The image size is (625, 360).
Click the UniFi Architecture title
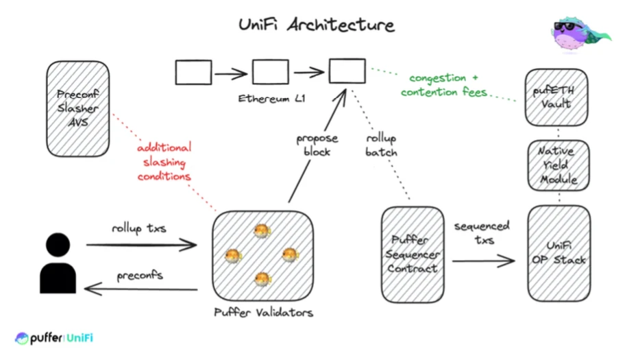pos(316,25)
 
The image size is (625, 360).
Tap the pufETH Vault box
pos(557,97)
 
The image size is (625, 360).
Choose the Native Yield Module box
pos(557,165)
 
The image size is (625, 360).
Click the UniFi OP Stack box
pos(559,253)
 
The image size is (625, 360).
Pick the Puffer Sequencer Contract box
pos(413,253)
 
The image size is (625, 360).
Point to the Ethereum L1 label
pos(271,99)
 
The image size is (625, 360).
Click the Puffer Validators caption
pos(263,313)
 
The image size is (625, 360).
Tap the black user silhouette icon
pos(58,263)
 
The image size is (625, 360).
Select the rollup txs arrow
pos(140,243)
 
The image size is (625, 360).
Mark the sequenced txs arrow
pos(483,261)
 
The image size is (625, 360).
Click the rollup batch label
pos(381,145)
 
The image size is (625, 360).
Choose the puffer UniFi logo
pos(54,338)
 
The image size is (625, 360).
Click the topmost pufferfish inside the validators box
pos(260,232)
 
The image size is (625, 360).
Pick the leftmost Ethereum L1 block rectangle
pos(193,72)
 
